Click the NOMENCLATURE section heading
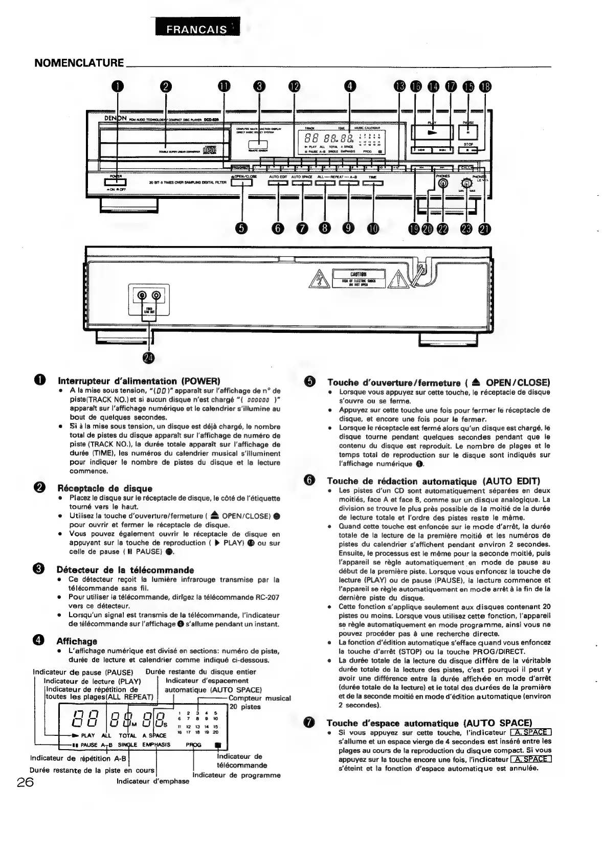[79, 63]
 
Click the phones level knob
[466, 185]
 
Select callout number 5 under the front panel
[242, 229]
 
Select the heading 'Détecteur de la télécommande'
[125, 570]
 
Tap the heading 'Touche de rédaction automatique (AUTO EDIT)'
[433, 481]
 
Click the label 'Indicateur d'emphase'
[153, 781]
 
